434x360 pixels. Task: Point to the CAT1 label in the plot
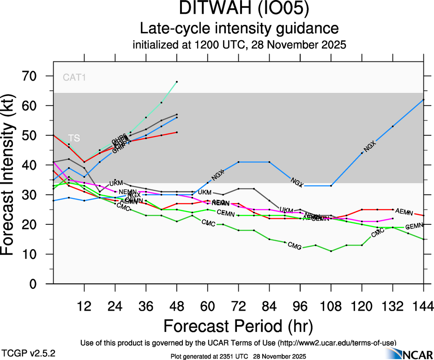[74, 78]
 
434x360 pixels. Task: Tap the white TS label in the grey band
[74, 138]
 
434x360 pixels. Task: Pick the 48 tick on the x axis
[177, 306]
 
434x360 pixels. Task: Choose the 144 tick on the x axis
[423, 306]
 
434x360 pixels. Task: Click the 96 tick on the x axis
[300, 306]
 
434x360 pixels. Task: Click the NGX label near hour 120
[370, 147]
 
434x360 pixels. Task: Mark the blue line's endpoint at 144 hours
[423, 100]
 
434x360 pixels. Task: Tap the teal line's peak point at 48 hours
[177, 82]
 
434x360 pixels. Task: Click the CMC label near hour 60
[209, 223]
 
